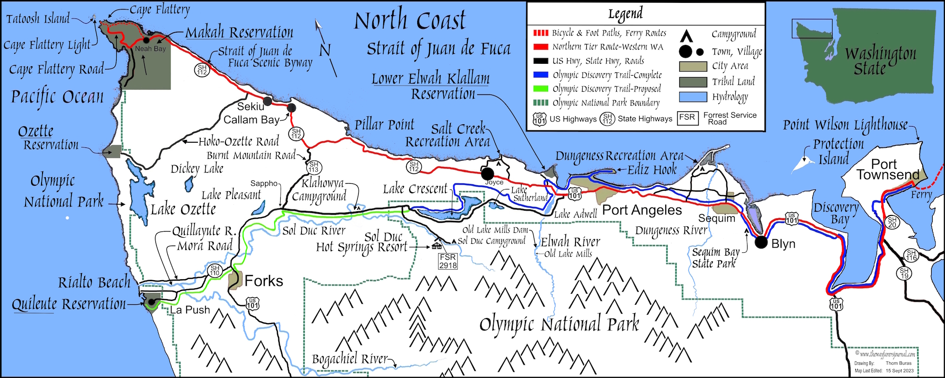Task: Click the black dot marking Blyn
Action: pyautogui.click(x=761, y=242)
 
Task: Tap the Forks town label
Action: pyautogui.click(x=264, y=281)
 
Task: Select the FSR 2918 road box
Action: pyautogui.click(x=448, y=261)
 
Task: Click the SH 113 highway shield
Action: pyautogui.click(x=314, y=167)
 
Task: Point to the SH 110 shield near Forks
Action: pyautogui.click(x=215, y=270)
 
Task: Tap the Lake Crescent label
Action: pyautogui.click(x=415, y=189)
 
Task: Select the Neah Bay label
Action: pyautogui.click(x=150, y=49)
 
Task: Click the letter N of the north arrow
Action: pyautogui.click(x=325, y=50)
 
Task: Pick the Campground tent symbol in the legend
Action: pyautogui.click(x=686, y=36)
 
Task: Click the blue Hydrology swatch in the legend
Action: pyautogui.click(x=693, y=97)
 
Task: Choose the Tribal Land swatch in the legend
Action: pyautogui.click(x=693, y=82)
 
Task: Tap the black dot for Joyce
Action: pyautogui.click(x=488, y=173)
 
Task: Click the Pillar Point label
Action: pyautogui.click(x=384, y=125)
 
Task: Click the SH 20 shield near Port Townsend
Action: pyautogui.click(x=892, y=222)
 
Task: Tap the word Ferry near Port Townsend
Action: pyautogui.click(x=921, y=194)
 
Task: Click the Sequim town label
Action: pyautogui.click(x=717, y=218)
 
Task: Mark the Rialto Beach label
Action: pyautogui.click(x=94, y=282)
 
